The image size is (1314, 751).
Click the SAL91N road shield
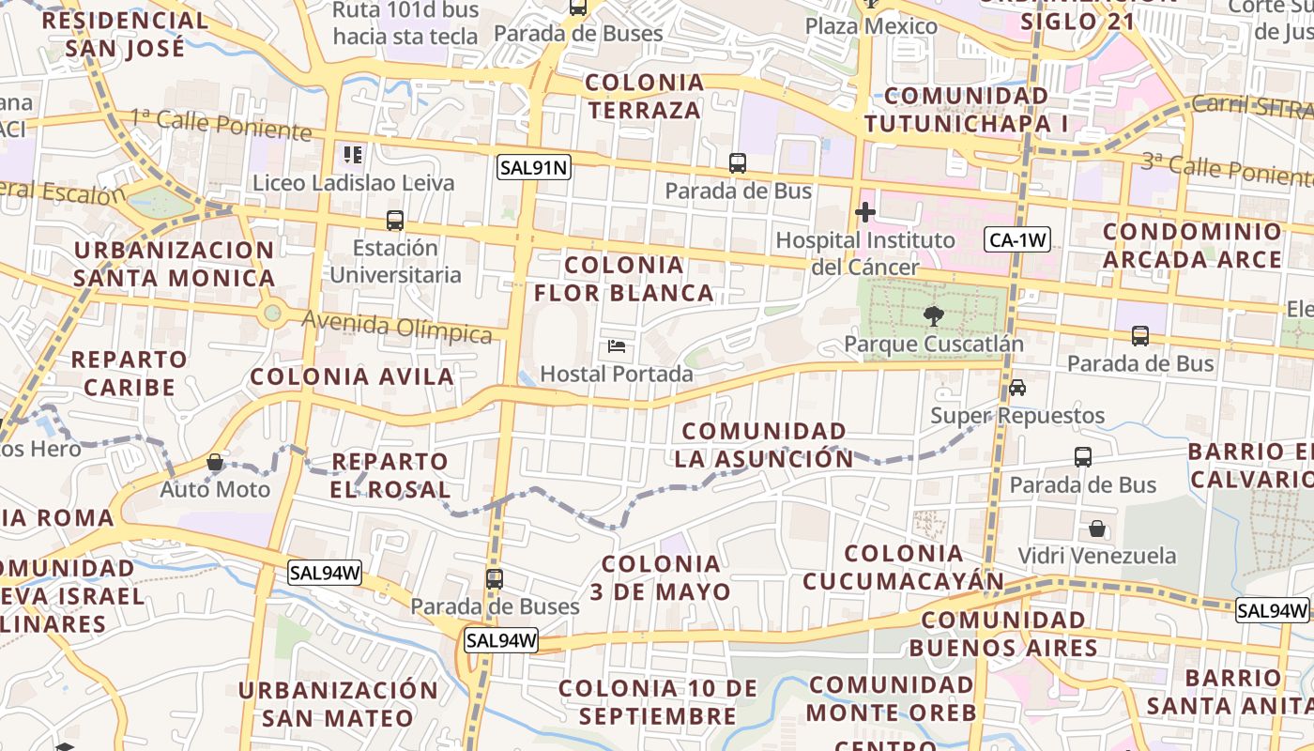534,168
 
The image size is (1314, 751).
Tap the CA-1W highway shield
1017,240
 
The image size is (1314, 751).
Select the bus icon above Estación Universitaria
395,221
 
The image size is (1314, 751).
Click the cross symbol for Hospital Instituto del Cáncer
865,213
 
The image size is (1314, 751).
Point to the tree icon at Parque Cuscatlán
932,315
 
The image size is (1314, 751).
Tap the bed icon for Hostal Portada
617,346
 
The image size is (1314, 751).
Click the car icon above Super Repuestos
1017,387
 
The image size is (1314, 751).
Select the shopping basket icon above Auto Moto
215,462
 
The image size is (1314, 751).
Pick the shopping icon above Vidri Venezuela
1097,529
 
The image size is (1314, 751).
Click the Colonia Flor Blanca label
624,279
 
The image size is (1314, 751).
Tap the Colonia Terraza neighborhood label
644,97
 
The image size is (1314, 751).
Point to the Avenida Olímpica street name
397,328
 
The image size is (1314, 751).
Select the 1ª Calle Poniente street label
221,124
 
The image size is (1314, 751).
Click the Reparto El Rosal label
390,475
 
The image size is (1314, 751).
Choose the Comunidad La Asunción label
764,445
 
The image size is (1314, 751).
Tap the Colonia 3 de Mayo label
661,577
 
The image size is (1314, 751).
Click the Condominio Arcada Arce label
1192,245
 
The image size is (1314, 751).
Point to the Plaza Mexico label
872,25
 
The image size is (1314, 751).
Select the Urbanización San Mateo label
338,704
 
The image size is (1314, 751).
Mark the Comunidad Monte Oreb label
892,698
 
